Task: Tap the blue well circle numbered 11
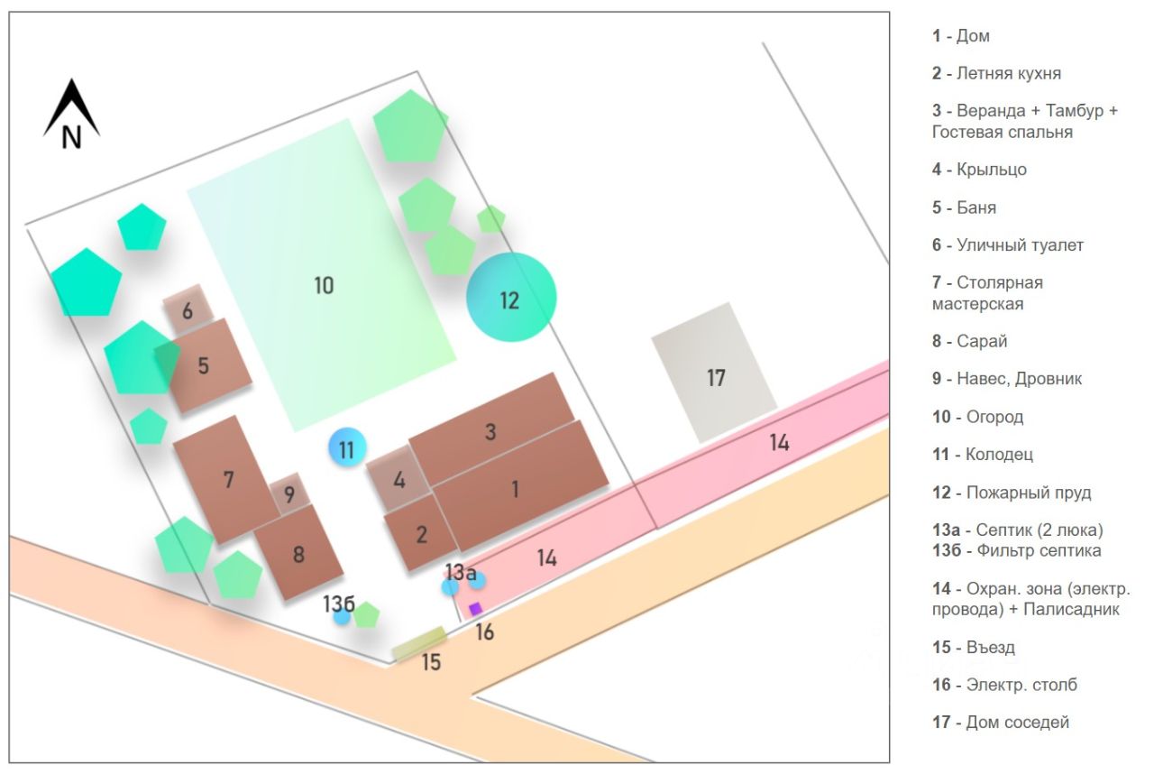pyautogui.click(x=347, y=447)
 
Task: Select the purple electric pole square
pyautogui.click(x=475, y=609)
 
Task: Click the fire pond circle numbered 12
pyautogui.click(x=511, y=297)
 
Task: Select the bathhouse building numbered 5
pyautogui.click(x=206, y=365)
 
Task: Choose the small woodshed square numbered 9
pyautogui.click(x=289, y=493)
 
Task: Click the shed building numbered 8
pyautogui.click(x=298, y=552)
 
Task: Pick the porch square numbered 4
pyautogui.click(x=398, y=479)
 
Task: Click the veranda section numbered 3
pyautogui.click(x=491, y=432)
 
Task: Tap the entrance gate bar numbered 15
pyautogui.click(x=419, y=644)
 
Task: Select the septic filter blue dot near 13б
pyautogui.click(x=342, y=617)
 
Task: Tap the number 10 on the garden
pyautogui.click(x=324, y=285)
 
